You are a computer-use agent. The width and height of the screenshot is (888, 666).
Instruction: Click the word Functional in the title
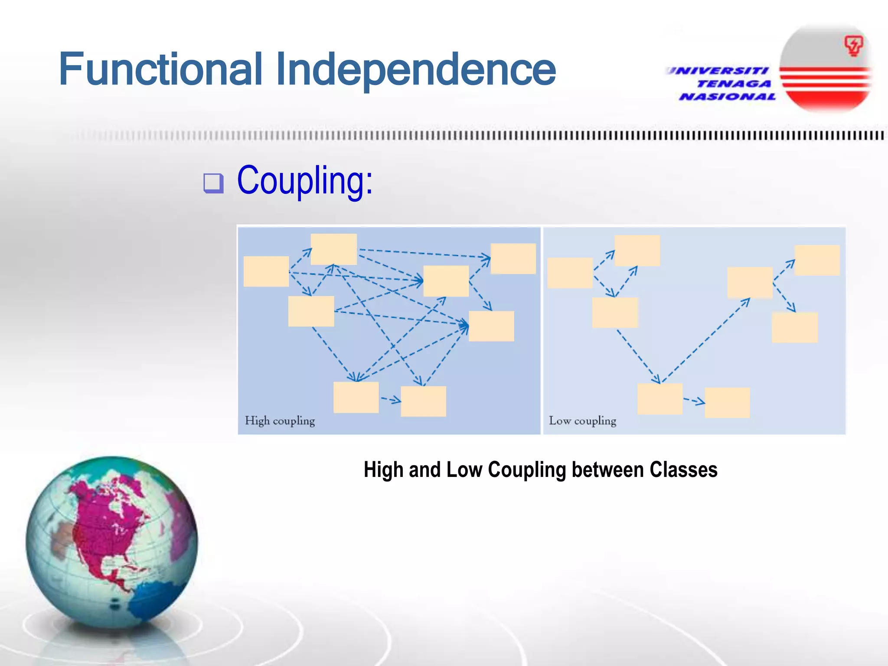[160, 69]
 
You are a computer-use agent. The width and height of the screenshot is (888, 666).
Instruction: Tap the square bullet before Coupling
[213, 183]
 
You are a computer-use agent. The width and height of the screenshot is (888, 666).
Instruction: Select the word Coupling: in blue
[304, 180]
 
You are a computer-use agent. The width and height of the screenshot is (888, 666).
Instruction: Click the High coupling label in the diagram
[280, 421]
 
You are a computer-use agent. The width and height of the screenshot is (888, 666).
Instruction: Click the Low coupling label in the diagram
[582, 421]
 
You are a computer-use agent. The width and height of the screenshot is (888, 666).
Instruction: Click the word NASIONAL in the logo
[728, 97]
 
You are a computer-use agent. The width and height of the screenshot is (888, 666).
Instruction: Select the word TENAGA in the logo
[734, 84]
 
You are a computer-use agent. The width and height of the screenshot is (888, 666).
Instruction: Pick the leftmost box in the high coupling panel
[266, 271]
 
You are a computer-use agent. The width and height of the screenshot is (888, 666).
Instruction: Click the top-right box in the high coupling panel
[513, 258]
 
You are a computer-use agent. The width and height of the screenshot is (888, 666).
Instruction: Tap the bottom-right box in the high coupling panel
[423, 402]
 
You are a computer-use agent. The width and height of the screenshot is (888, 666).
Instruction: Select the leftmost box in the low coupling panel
[570, 273]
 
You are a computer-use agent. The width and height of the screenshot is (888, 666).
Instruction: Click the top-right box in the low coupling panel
[817, 260]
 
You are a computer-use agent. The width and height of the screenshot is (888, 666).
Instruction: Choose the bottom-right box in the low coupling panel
[727, 403]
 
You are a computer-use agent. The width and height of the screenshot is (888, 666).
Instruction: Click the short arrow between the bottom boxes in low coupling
[694, 401]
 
